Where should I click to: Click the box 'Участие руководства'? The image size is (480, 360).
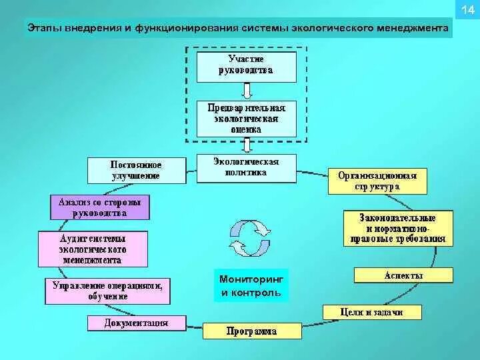pos(246,65)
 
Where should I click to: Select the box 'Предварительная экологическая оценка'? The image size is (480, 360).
pos(246,118)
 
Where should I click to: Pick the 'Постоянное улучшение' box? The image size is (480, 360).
pos(136,170)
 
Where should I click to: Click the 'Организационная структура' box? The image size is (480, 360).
pos(377,181)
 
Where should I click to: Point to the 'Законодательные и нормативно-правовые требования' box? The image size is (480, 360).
pos(397,229)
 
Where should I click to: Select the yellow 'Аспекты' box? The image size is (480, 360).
pos(403,275)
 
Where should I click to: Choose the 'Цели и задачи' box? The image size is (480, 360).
pos(372,311)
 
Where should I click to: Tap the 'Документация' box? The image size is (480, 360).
pos(136,323)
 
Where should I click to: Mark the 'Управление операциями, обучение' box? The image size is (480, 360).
pos(107,291)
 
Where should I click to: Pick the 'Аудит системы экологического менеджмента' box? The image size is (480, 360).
pos(93,249)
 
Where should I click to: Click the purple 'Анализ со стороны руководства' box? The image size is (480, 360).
pos(100,207)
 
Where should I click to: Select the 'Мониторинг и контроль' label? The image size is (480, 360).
pos(251,286)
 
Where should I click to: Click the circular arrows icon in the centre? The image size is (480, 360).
pos(249,237)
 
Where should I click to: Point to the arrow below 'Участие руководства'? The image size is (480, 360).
pos(246,91)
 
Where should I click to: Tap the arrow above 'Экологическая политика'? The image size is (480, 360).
pos(246,145)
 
